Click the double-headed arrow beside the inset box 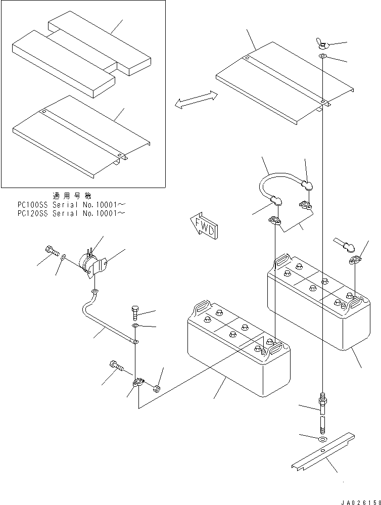pos(196,99)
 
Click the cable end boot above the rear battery pos(347,247)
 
